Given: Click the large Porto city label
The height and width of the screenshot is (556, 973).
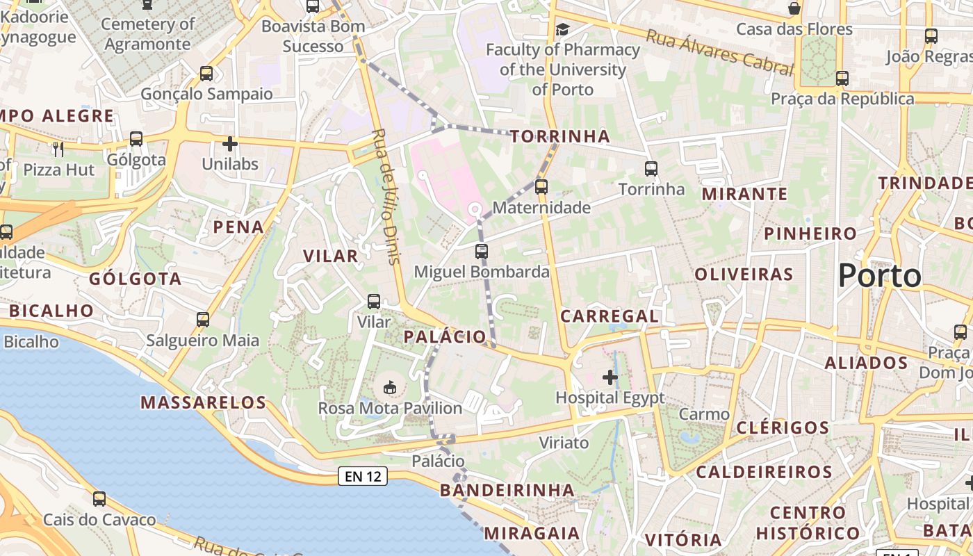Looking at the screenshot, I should click(x=879, y=276).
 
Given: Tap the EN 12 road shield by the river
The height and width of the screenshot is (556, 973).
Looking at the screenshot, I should click(x=363, y=476).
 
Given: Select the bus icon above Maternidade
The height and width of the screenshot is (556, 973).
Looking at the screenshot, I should click(x=541, y=186).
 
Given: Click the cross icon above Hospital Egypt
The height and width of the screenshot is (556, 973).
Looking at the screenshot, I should click(x=610, y=377).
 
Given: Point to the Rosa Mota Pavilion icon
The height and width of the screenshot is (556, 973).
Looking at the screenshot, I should click(x=390, y=386).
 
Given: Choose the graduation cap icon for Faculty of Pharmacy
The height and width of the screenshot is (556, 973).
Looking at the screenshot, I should click(x=562, y=29).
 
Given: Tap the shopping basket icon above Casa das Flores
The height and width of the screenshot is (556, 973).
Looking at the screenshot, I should click(x=794, y=9).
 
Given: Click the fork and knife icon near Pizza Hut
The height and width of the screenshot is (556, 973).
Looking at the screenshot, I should click(x=58, y=149).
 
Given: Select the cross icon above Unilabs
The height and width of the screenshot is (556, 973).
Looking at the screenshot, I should click(x=230, y=144).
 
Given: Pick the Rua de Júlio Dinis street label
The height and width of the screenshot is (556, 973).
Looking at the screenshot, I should click(x=386, y=196).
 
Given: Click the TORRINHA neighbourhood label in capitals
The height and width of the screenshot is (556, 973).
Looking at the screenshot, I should click(x=560, y=136).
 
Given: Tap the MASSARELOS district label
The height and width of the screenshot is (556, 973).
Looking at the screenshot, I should click(x=203, y=402).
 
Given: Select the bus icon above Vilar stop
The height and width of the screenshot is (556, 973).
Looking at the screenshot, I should click(x=374, y=302).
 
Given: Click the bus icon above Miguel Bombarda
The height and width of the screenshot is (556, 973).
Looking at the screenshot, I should click(x=482, y=251).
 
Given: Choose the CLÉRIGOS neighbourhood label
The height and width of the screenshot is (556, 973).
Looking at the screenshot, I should click(x=782, y=427).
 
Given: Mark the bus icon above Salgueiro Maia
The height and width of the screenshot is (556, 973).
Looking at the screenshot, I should click(x=203, y=320).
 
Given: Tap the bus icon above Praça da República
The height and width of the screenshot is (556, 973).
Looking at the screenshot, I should click(x=842, y=79).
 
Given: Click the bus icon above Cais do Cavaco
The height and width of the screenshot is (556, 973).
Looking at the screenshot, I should click(x=99, y=498).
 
